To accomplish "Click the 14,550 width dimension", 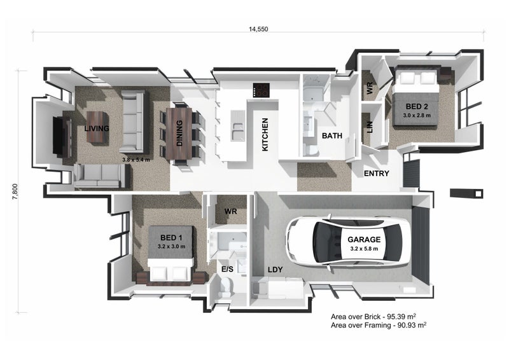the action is click(x=258, y=29).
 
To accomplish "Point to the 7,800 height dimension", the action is click(x=15, y=191).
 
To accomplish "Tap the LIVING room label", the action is click(x=97, y=128).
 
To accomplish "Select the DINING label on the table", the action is click(x=179, y=133).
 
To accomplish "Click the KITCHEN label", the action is click(x=265, y=134).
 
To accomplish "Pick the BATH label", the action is click(x=331, y=136).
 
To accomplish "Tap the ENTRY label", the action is click(x=376, y=174).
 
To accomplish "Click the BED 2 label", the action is click(x=417, y=106).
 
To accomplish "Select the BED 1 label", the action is click(x=171, y=238).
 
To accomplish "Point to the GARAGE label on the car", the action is click(x=364, y=240).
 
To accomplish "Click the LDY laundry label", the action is click(x=275, y=270).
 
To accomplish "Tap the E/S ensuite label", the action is click(x=227, y=270).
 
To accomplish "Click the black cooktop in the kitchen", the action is click(x=261, y=90).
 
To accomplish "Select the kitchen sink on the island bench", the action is click(x=238, y=126).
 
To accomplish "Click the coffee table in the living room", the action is click(x=97, y=127).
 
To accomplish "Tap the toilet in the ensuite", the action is click(x=225, y=287).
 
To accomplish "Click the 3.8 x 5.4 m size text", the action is click(x=136, y=160).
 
